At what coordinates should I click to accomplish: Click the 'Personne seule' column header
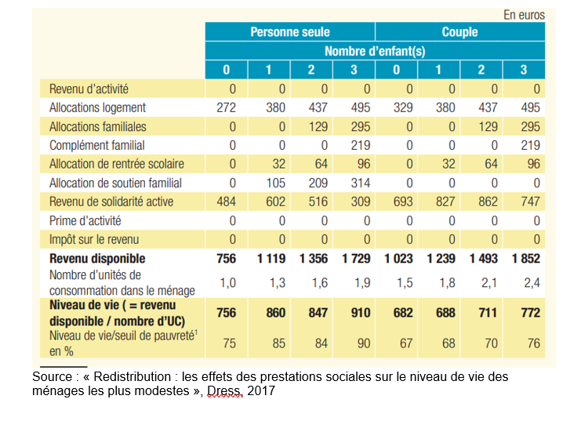pos(290,32)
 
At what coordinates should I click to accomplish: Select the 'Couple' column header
pos(459,32)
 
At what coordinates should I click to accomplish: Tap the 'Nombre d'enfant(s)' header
pos(375,51)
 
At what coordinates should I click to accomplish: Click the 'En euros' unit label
pos(524,15)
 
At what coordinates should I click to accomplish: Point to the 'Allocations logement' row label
pos(97,107)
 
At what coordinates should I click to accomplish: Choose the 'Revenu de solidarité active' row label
pos(111,201)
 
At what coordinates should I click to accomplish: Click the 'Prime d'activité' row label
pos(85,220)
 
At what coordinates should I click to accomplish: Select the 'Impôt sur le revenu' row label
pos(94,239)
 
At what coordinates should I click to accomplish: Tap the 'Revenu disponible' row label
pos(97,258)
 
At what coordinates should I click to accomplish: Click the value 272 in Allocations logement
pos(226,107)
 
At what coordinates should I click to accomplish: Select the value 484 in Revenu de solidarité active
pos(226,201)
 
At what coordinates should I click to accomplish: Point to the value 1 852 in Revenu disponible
pos(525,258)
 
